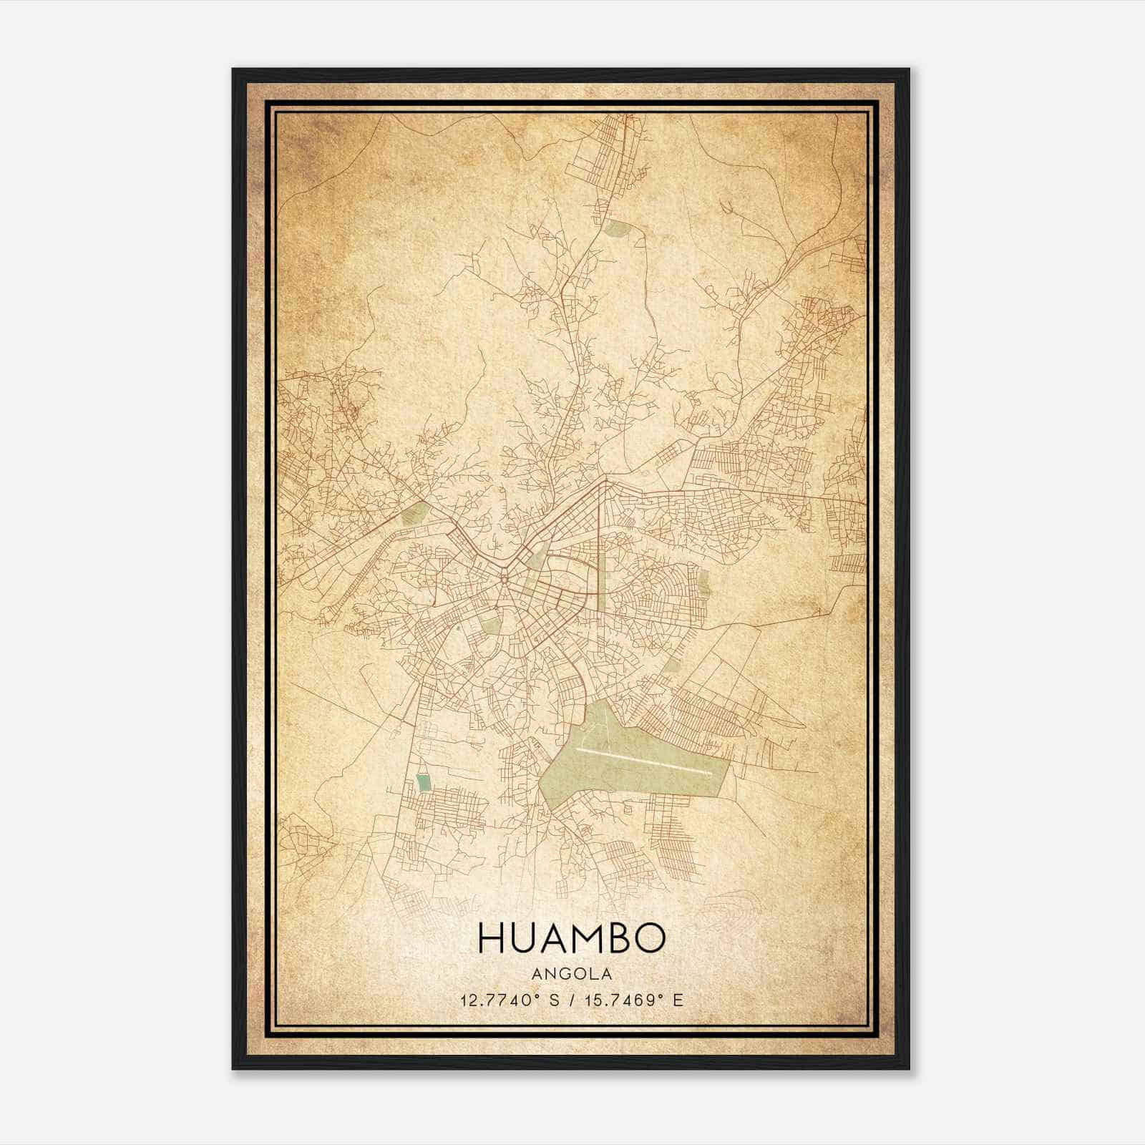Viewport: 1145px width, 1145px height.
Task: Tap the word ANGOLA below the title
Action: (x=571, y=974)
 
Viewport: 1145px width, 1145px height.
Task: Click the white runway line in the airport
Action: (x=644, y=761)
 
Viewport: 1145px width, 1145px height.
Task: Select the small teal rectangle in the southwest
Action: (x=424, y=783)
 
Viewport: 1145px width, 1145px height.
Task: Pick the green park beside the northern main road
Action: (x=615, y=229)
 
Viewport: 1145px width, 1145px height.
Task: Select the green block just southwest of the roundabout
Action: (x=491, y=627)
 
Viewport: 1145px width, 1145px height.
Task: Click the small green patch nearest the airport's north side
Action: (x=673, y=664)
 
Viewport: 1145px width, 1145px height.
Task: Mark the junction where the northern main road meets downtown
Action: (x=605, y=481)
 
